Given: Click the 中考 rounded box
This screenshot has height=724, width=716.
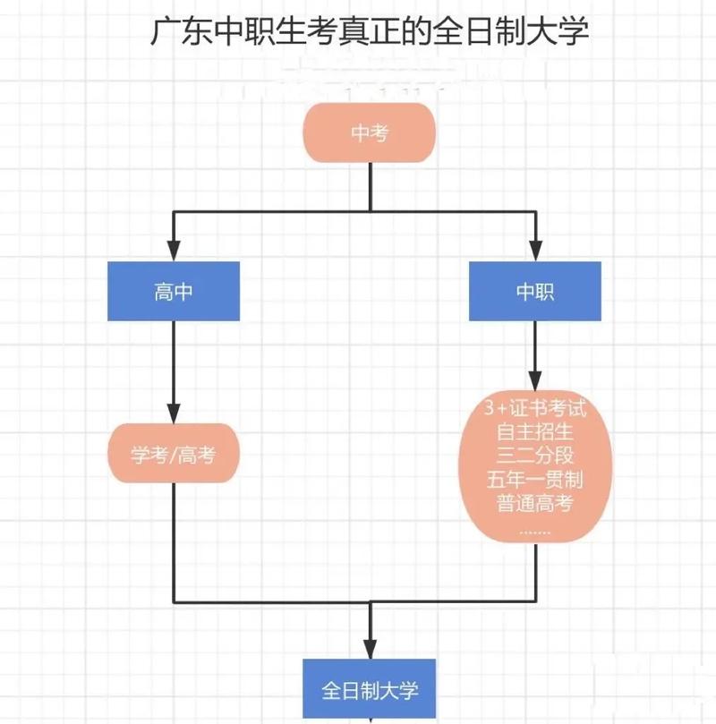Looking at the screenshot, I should (x=370, y=133).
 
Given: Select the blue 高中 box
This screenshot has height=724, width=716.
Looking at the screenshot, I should (x=174, y=292).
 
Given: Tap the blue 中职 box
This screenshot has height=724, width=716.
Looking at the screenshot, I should (x=535, y=292).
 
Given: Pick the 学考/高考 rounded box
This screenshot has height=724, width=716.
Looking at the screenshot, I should (x=174, y=456).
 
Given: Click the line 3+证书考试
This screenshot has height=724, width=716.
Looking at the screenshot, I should (x=535, y=409).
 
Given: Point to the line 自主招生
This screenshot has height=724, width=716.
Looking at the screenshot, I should (x=535, y=432).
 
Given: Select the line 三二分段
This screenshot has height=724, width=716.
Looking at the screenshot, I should (x=535, y=456).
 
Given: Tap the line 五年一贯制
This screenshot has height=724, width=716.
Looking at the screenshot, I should (x=535, y=479).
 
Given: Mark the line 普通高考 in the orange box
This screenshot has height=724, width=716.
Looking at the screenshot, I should (x=535, y=502).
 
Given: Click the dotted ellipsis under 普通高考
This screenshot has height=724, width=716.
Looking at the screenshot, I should (x=535, y=528).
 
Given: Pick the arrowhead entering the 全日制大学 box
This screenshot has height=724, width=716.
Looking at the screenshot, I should (x=370, y=650).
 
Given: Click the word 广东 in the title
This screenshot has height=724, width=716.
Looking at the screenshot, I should (x=173, y=32).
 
